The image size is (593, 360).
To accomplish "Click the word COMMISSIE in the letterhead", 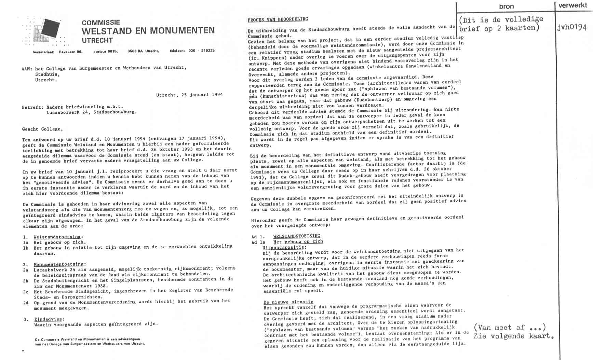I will [101, 23].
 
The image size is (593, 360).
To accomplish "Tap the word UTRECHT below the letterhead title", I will [97, 40].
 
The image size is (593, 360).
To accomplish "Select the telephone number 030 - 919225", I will [201, 51].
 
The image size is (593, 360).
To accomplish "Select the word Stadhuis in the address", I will [47, 74].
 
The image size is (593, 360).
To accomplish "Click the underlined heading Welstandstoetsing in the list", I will [58, 237].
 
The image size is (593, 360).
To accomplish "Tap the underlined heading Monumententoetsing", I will [58, 264].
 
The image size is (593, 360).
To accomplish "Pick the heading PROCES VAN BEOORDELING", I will [278, 19].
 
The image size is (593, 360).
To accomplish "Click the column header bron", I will [506, 6].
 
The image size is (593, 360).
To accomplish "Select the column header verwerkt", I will [573, 5].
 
